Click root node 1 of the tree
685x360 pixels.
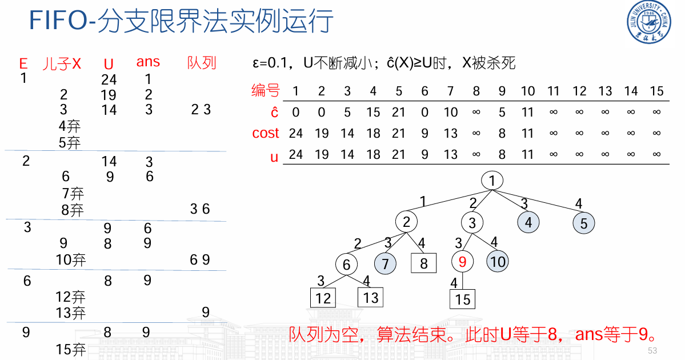pos(492,181)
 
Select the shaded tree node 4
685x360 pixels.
pos(528,222)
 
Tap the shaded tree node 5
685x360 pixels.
pos(583,223)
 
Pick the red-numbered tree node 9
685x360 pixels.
pos(462,262)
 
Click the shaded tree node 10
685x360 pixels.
pos(498,262)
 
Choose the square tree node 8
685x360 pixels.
pos(423,263)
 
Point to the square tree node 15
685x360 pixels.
pos(462,299)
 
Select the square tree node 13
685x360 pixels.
pos(370,297)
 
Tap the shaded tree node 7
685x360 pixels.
pos(386,263)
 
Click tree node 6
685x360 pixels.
pos(346,265)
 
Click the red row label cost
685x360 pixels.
pos(266,133)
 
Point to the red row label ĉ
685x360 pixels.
pos(274,112)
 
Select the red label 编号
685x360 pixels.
pos(266,90)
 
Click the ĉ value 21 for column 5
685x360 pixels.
pos(399,112)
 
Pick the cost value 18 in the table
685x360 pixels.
pos(373,133)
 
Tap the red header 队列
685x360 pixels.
pos(202,63)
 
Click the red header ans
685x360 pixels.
pos(148,62)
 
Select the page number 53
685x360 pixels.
pos(652,350)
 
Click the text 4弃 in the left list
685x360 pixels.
pos(69,126)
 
